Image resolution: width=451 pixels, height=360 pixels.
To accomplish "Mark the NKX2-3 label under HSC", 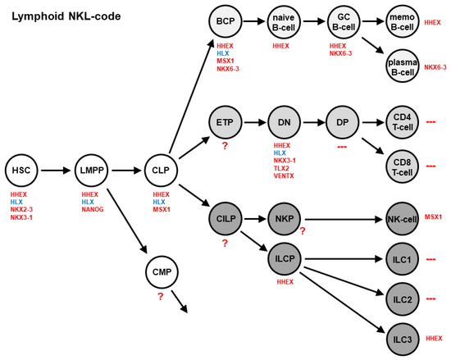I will pyautogui.click(x=21, y=210).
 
